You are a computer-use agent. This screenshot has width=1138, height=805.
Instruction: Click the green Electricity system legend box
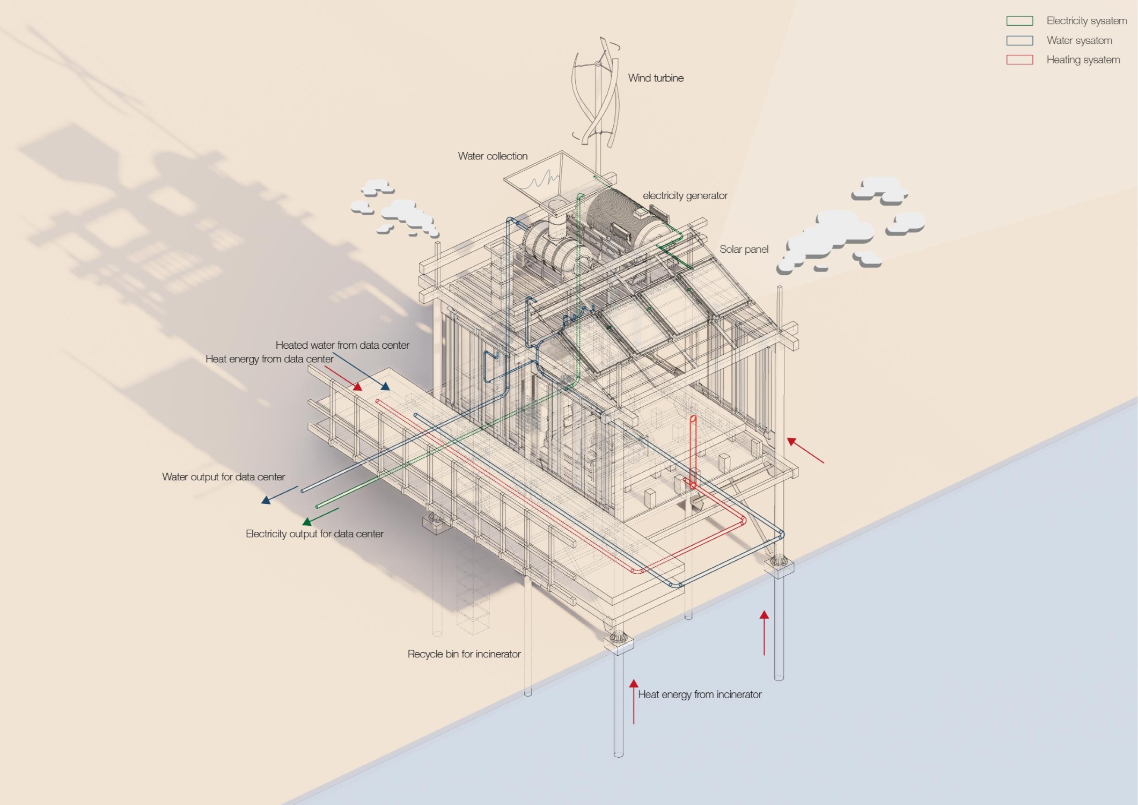(1019, 21)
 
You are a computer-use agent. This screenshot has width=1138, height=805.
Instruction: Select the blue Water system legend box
(1019, 40)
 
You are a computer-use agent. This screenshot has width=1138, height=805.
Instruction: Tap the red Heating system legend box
(1019, 60)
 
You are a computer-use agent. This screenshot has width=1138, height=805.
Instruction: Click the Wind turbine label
(656, 78)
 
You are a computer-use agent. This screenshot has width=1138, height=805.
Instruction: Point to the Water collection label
(493, 156)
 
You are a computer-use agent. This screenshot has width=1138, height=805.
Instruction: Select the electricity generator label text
(685, 196)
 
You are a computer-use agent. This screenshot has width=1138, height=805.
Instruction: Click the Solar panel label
(744, 250)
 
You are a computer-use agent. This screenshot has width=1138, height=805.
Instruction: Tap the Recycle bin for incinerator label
(464, 654)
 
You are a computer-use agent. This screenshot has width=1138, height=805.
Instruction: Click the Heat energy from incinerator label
(700, 694)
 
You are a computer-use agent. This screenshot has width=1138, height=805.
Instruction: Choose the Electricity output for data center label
(314, 534)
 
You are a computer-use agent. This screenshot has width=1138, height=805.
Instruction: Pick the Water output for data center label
(223, 477)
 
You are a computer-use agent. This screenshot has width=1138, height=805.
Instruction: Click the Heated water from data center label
(342, 345)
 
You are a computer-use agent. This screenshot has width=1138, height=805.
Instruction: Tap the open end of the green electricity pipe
(318, 506)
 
